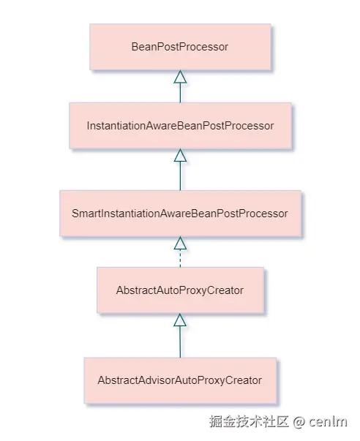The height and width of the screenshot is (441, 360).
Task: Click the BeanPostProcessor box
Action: point(180,47)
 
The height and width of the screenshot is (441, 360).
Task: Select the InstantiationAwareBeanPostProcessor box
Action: point(180,127)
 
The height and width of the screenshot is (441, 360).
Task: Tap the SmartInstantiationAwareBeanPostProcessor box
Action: point(180,214)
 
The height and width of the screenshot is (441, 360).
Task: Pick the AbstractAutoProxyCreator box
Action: point(180,290)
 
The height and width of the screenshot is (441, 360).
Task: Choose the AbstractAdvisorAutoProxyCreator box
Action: point(180,380)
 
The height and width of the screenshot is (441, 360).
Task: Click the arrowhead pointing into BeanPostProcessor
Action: point(180,77)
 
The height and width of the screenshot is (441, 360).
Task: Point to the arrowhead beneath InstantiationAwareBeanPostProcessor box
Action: point(180,156)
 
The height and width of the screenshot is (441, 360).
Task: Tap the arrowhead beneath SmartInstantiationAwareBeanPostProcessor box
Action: point(180,244)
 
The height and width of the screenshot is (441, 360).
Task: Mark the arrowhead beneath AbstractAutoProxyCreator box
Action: point(180,320)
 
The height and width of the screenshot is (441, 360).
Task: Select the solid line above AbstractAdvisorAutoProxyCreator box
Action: point(180,342)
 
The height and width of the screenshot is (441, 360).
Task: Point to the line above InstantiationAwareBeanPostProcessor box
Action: point(180,93)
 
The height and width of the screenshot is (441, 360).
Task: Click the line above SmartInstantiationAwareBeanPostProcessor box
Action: point(180,176)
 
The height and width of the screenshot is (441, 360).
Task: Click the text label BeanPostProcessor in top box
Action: point(180,47)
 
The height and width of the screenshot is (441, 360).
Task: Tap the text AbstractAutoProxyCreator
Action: point(180,290)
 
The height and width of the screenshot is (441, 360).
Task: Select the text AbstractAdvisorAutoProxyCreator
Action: point(180,380)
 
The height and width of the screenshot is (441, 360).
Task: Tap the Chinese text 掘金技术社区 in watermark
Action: point(249,422)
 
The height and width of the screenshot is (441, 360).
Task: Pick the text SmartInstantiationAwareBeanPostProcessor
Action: point(180,214)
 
